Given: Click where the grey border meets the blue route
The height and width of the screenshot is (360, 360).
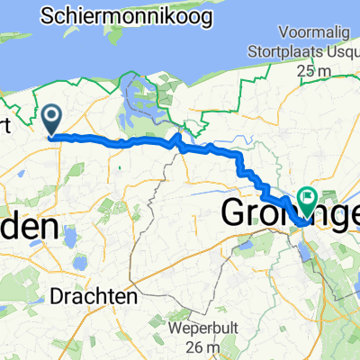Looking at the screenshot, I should coord(176,141).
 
